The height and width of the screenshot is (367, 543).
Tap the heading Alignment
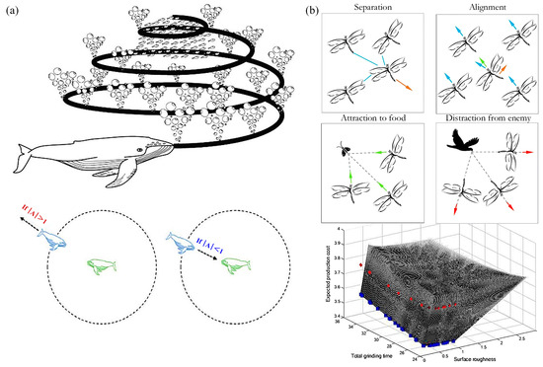(484, 7)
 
